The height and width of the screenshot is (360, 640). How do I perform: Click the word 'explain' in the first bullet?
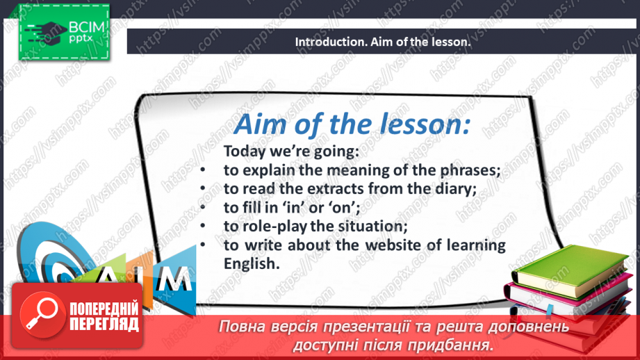click(268, 170)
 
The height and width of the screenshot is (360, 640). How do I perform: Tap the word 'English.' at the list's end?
click(252, 264)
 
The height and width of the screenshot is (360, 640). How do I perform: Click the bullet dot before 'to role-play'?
click(204, 227)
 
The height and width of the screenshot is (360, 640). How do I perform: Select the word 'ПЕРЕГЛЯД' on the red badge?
click(104, 325)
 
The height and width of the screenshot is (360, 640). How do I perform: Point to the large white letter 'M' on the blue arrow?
click(174, 279)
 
